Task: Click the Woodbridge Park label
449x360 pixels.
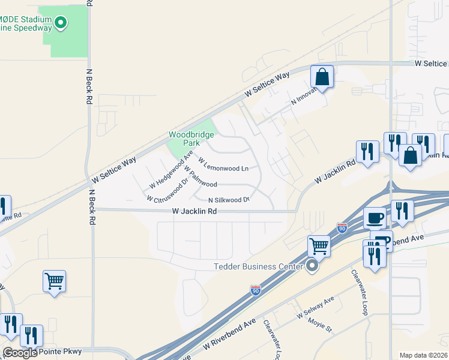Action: pos(191,139)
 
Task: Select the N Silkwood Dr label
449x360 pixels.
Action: pos(229,200)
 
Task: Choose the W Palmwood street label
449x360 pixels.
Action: pos(200,176)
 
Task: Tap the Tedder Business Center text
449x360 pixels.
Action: pos(261,266)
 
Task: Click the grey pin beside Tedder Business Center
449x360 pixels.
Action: pos(312,265)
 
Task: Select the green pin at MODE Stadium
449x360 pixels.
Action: pos(60,23)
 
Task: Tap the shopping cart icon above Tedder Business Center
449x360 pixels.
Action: pos(319,245)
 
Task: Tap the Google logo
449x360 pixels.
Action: pos(20,353)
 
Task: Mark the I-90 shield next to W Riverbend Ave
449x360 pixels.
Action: pos(256,290)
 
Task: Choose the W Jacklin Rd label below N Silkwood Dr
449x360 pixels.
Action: pos(194,211)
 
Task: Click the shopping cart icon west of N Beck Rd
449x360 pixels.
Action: pos(54,281)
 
